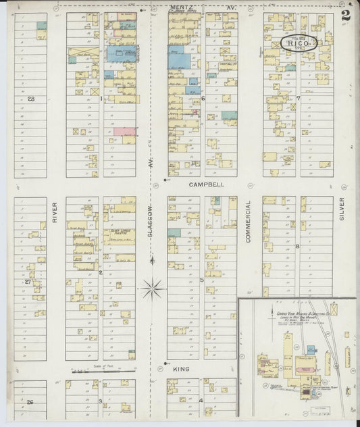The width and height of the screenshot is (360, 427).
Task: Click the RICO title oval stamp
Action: click(x=298, y=43)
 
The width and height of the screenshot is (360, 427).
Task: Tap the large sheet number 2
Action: click(x=346, y=16)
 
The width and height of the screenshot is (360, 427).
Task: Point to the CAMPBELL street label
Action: click(x=202, y=184)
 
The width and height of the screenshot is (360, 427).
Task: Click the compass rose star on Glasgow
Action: click(x=152, y=289)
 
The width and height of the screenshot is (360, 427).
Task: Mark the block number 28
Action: click(x=30, y=99)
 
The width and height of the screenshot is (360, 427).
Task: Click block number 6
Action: click(x=203, y=99)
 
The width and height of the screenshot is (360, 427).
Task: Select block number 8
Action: click(x=297, y=247)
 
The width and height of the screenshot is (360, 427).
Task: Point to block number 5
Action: click(x=202, y=279)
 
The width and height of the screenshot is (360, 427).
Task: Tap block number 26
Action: click(x=30, y=403)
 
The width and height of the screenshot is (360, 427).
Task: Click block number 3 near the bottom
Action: click(x=101, y=402)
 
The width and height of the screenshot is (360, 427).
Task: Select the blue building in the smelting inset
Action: click(x=311, y=350)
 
